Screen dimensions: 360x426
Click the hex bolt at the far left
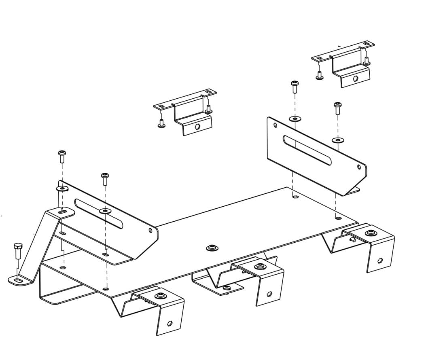pyautogui.click(x=17, y=251)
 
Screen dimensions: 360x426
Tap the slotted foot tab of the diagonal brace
pyautogui.click(x=19, y=280)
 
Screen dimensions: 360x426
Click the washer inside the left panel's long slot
pyautogui.click(x=105, y=211)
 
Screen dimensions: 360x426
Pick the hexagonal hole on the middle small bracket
pyautogui.click(x=197, y=126)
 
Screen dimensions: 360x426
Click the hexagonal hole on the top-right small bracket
pyautogui.click(x=355, y=78)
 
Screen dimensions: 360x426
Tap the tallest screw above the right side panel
pyautogui.click(x=295, y=86)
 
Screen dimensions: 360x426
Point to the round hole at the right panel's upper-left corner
pyautogui.click(x=276, y=125)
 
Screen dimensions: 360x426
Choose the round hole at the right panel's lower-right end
pyautogui.click(x=359, y=167)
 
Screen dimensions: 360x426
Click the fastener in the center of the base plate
pyautogui.click(x=212, y=248)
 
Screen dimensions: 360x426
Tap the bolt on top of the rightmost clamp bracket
pyautogui.click(x=371, y=233)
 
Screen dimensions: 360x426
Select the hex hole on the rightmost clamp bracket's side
pyautogui.click(x=380, y=260)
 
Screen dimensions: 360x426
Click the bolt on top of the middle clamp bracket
pyautogui.click(x=260, y=267)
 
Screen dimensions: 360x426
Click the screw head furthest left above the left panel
pyautogui.click(x=62, y=154)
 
